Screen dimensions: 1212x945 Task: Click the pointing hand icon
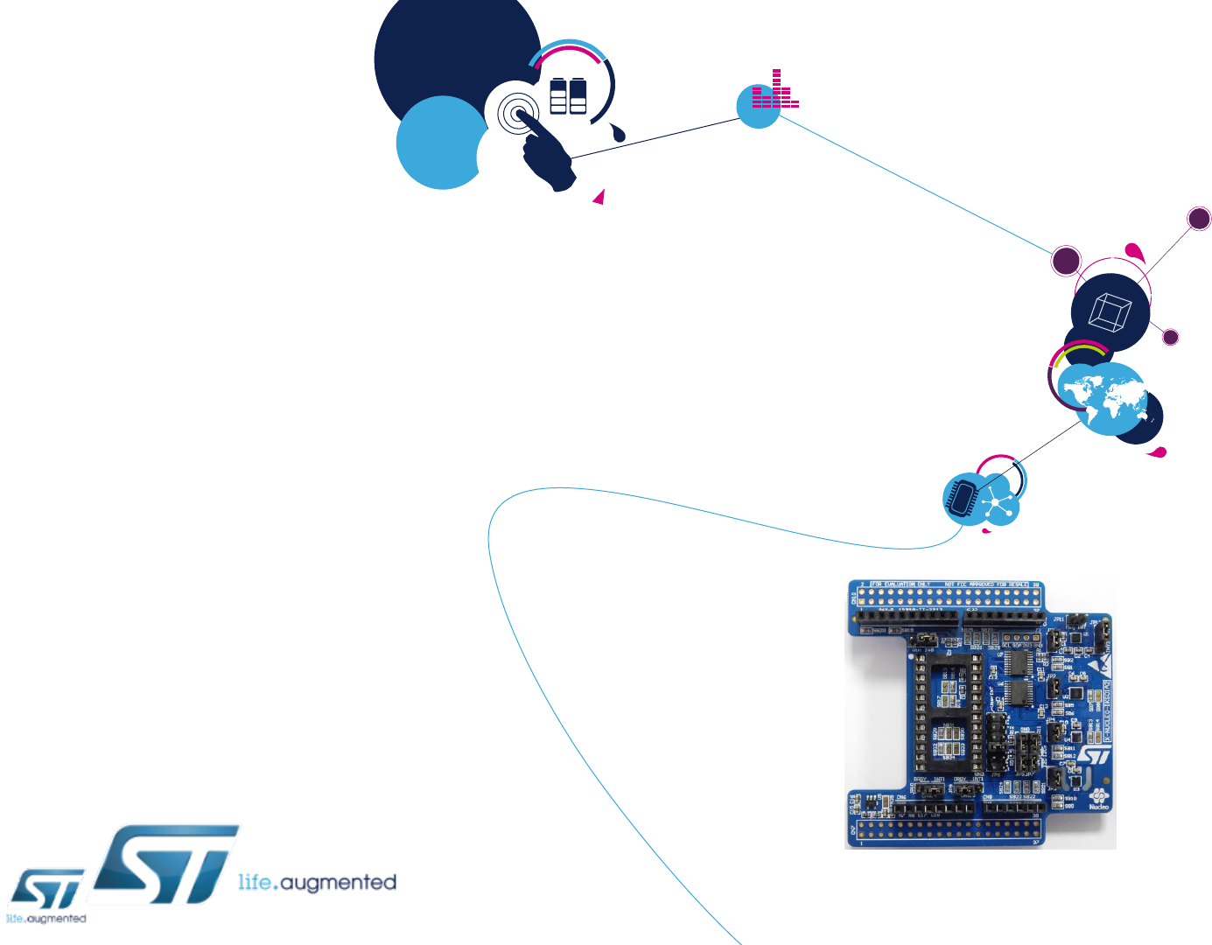point(547,153)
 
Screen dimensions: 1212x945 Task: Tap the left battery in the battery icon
point(558,96)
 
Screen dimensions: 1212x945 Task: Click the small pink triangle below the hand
point(599,198)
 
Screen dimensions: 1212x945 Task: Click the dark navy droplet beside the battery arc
point(619,133)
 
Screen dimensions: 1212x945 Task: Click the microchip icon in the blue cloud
point(962,498)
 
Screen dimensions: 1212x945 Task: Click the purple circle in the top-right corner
point(1199,219)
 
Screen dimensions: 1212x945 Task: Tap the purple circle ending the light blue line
point(1066,261)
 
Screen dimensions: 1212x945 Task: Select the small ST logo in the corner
point(48,891)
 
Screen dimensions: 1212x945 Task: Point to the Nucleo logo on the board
point(1098,800)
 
